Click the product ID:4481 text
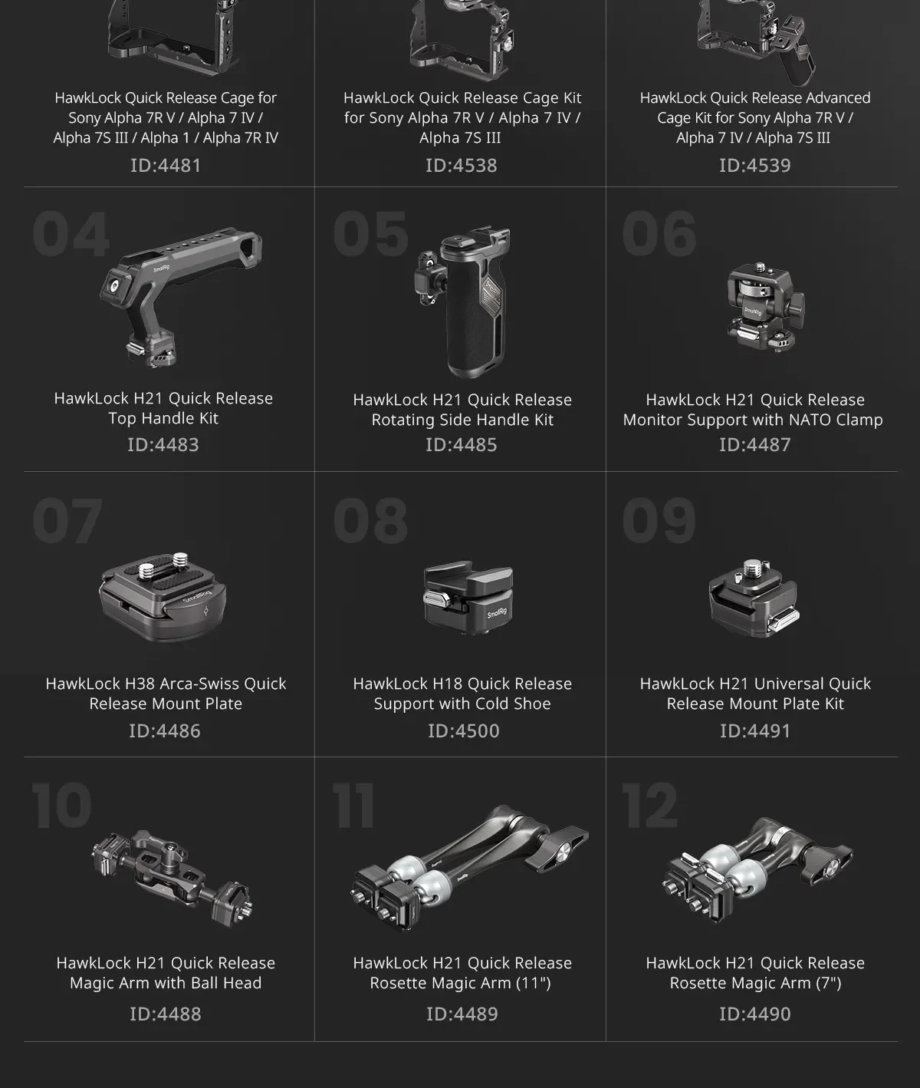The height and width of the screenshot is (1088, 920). pyautogui.click(x=166, y=165)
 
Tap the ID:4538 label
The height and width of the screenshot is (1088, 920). pyautogui.click(x=462, y=165)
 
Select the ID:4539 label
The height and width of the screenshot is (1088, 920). pyautogui.click(x=755, y=165)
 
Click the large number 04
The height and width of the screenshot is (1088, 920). pyautogui.click(x=71, y=234)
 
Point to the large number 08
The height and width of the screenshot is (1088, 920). pyautogui.click(x=371, y=520)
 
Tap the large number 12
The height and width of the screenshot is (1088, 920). pyautogui.click(x=650, y=806)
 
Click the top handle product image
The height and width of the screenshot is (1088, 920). pyautogui.click(x=180, y=296)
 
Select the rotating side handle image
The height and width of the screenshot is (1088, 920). pyautogui.click(x=463, y=302)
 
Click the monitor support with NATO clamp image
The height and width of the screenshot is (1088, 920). pyautogui.click(x=765, y=308)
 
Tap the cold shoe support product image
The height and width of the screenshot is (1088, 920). pyautogui.click(x=468, y=598)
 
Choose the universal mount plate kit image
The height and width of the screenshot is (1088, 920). pyautogui.click(x=754, y=598)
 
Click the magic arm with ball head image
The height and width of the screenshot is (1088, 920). pyautogui.click(x=172, y=878)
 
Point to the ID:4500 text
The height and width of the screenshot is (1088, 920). pyautogui.click(x=463, y=730)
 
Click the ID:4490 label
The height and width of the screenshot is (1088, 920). pyautogui.click(x=755, y=1014)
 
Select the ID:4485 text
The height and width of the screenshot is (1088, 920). pyautogui.click(x=462, y=445)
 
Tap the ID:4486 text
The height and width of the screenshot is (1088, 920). pyautogui.click(x=165, y=730)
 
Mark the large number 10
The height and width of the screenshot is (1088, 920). pyautogui.click(x=62, y=806)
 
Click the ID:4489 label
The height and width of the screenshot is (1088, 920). pyautogui.click(x=462, y=1014)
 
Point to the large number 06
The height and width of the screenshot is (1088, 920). pyautogui.click(x=659, y=234)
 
